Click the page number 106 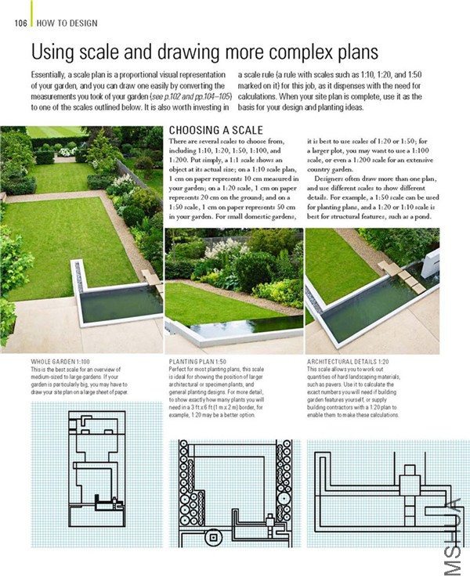click(x=20, y=23)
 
